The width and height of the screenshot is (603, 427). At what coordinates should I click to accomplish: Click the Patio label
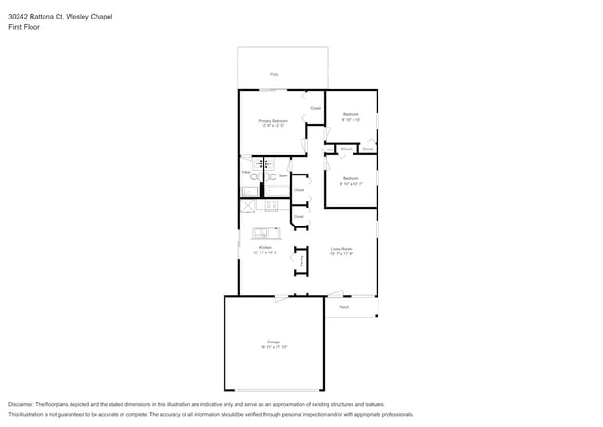point(274,74)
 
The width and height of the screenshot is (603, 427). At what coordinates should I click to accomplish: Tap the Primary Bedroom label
point(273,121)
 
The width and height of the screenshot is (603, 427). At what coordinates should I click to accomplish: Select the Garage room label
point(274,342)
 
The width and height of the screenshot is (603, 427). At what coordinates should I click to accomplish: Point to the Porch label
point(343,306)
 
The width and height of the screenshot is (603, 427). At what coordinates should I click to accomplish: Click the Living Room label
point(341,248)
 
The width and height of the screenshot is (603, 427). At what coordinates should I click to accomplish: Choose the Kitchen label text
point(264,248)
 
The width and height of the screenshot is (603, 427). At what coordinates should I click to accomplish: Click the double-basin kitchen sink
point(263,232)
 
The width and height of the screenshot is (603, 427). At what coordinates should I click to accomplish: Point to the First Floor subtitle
point(24,27)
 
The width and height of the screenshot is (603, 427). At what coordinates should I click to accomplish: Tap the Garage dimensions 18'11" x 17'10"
point(274,347)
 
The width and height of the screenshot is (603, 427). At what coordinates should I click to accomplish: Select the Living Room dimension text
point(341,253)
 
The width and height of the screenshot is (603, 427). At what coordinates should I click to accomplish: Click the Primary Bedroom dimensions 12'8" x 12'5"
point(273,126)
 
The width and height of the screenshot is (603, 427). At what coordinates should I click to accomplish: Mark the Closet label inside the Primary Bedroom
point(315,108)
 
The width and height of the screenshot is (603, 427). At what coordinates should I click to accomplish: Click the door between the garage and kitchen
point(279,297)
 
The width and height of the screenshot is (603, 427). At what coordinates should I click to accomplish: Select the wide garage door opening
point(274,390)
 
